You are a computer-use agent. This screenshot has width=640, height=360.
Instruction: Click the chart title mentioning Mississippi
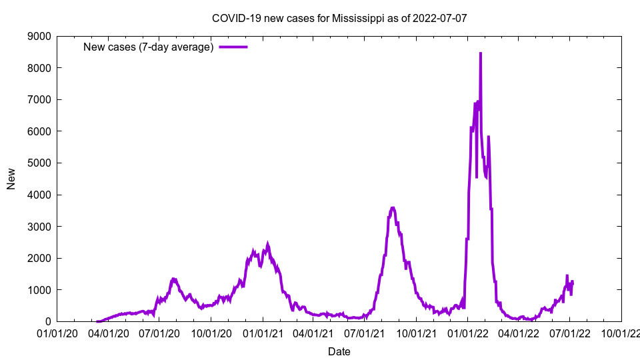point(339,18)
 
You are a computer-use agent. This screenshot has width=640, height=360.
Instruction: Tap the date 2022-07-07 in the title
point(439,18)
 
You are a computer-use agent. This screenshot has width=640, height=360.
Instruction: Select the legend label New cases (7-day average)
point(148,47)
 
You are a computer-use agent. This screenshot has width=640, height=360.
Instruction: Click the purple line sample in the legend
point(233,47)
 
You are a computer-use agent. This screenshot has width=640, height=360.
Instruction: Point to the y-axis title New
point(11,179)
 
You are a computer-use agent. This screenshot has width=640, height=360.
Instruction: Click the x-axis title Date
point(339,351)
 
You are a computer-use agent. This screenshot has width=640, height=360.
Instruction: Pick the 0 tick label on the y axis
point(48,321)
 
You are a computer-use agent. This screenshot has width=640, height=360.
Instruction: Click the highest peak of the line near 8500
point(481,53)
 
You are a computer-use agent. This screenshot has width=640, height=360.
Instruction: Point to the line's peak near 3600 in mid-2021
point(393,208)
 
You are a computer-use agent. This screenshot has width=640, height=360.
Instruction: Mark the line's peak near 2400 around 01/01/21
point(267,244)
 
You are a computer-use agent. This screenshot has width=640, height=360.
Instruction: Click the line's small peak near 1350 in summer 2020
point(173,279)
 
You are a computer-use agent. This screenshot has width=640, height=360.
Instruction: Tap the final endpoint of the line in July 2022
point(572,282)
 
